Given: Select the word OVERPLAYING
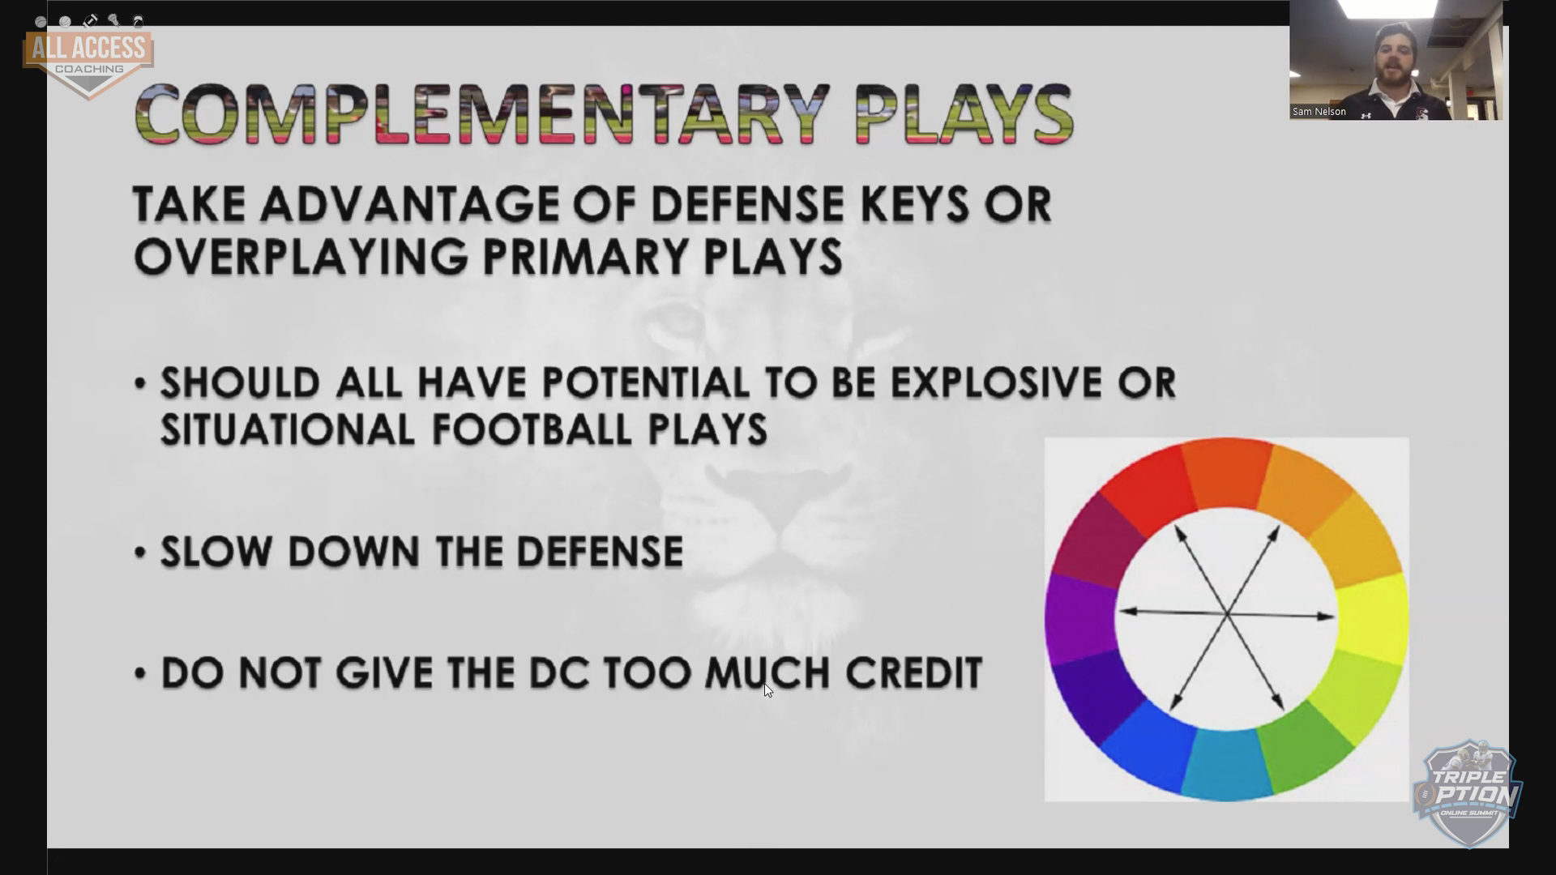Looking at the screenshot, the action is click(x=301, y=257).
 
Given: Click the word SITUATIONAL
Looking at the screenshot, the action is click(x=288, y=429).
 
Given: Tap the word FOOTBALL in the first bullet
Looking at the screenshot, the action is click(x=532, y=429).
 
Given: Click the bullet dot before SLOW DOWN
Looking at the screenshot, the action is click(x=141, y=553).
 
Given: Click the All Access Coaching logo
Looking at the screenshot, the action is click(x=89, y=62).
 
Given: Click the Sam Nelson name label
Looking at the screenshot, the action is click(x=1319, y=112).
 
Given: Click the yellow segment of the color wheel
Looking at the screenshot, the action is click(x=1371, y=618).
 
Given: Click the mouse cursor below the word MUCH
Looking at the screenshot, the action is click(x=768, y=690).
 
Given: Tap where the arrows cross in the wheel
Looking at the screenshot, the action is click(x=1228, y=615).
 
